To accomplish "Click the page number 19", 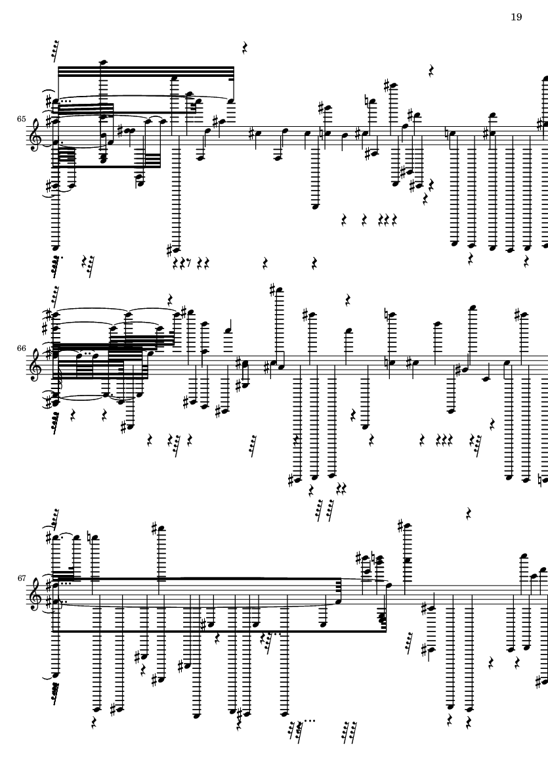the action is (516, 17).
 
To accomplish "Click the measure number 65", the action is (21, 120).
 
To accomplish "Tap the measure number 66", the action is (21, 348).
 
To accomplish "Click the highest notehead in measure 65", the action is (103, 62).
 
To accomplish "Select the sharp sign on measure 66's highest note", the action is (273, 290).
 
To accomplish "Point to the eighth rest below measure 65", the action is (189, 262).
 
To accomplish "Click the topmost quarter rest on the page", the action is (245, 48).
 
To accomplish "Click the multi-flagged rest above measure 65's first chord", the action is (55, 51).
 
